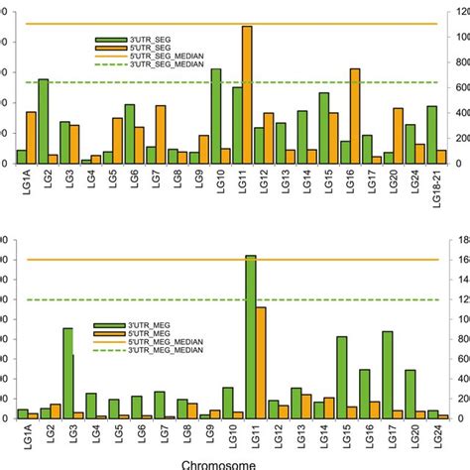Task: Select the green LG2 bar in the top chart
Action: [43, 122]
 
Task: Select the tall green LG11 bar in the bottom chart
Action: [250, 337]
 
